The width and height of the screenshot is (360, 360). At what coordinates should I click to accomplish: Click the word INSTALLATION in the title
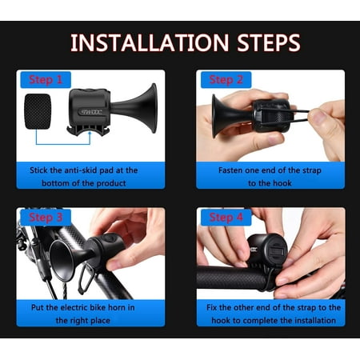(x=150, y=42)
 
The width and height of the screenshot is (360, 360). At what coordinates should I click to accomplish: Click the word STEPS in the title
(x=269, y=42)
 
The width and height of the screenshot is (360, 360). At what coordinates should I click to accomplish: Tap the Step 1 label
(x=46, y=80)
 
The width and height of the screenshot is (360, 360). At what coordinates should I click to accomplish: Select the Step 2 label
(x=226, y=80)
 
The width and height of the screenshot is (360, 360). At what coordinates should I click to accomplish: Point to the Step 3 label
(x=46, y=218)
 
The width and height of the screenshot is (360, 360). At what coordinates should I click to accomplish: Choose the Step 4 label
(x=226, y=218)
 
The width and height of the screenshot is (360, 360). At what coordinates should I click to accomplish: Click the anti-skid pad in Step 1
(x=38, y=111)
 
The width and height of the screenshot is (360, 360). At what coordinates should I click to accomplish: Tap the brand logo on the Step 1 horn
(x=91, y=112)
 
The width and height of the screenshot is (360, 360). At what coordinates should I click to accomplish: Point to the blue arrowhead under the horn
(x=90, y=134)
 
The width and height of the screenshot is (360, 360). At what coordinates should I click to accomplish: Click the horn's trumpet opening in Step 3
(x=62, y=261)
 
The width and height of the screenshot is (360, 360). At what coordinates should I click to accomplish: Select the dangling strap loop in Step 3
(x=86, y=278)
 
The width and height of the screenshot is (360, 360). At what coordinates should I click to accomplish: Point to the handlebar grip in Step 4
(x=231, y=278)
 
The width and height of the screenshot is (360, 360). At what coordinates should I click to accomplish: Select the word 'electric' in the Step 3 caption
(x=74, y=307)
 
